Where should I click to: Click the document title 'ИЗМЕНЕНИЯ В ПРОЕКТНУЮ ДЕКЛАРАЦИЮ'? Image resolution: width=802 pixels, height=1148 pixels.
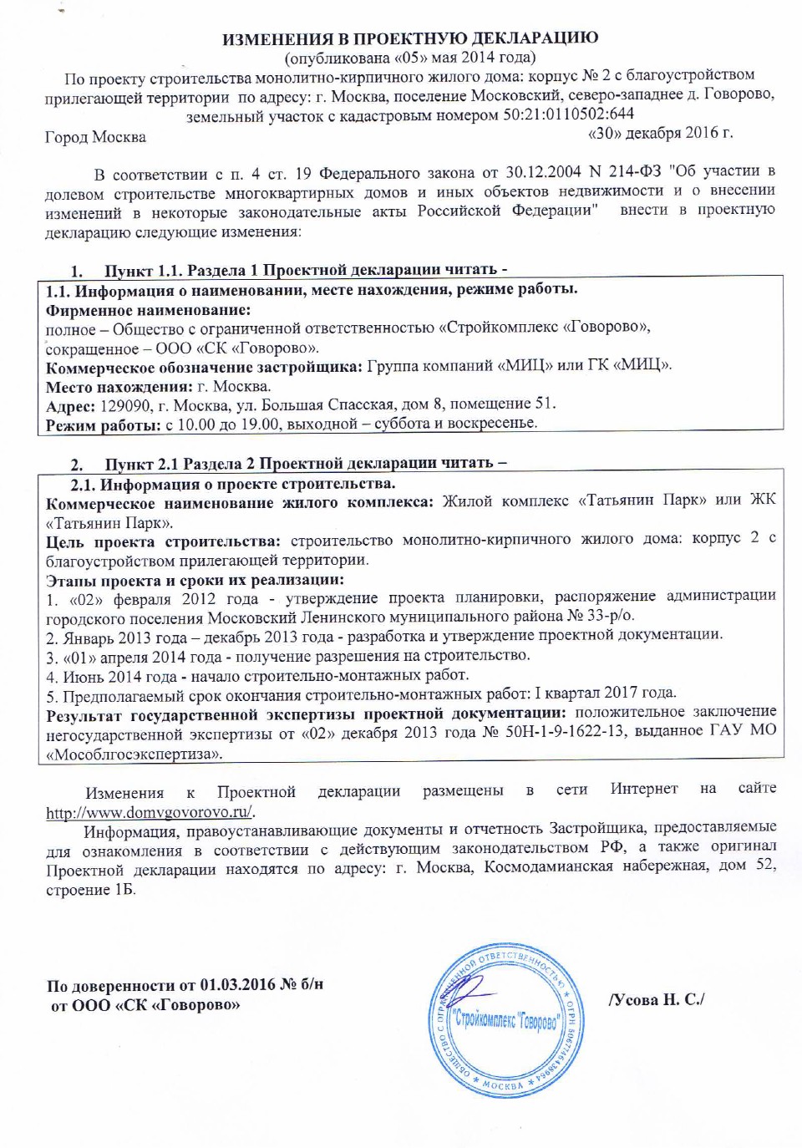pos(409,38)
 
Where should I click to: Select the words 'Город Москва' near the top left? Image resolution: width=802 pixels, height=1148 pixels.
pos(95,137)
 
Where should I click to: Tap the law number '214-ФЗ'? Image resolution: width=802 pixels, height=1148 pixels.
pos(635,172)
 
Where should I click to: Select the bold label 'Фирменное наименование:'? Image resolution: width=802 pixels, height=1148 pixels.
pos(148,310)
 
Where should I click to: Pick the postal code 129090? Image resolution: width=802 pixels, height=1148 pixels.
pos(125,406)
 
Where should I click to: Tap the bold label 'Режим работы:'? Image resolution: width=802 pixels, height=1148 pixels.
pos(103,425)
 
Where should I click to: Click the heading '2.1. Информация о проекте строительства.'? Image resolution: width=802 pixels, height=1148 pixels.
pos(233,484)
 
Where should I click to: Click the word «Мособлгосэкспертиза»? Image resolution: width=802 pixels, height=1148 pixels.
pos(135,754)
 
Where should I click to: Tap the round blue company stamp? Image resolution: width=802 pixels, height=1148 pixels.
pos(505,1020)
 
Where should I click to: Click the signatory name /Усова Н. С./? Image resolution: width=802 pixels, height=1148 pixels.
pos(657,999)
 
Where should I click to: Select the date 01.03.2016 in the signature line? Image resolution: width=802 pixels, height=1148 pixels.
pos(238,985)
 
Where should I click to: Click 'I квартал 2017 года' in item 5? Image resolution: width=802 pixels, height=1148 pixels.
pos(606,693)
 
